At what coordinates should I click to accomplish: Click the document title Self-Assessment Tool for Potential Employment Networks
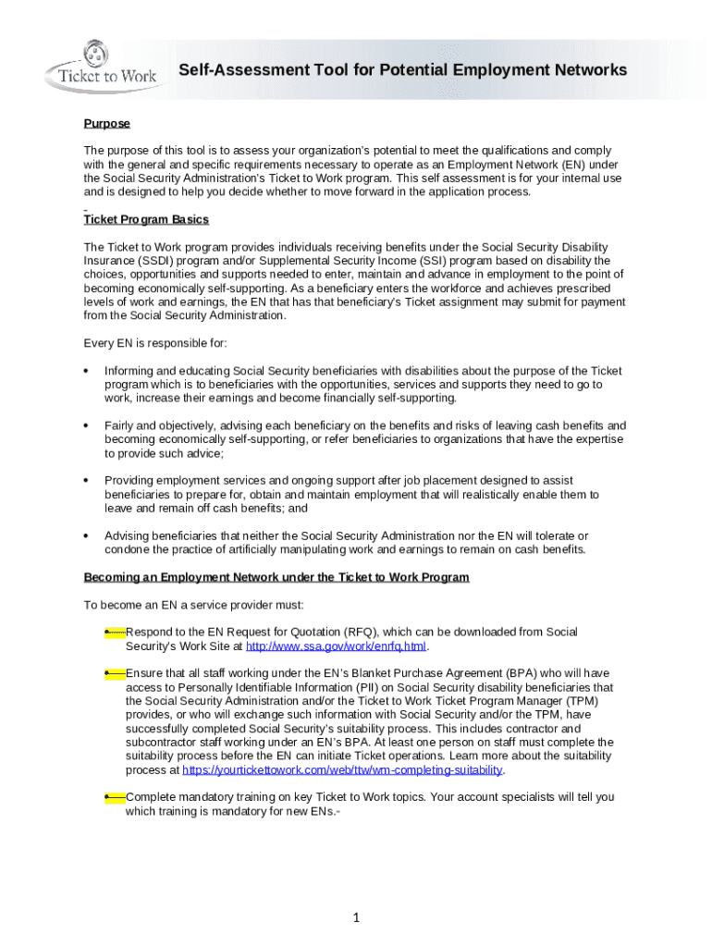[402, 70]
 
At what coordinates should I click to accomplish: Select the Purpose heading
[107, 123]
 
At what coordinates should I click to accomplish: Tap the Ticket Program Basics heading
[146, 219]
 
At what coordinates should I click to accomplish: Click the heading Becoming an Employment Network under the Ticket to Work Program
[276, 577]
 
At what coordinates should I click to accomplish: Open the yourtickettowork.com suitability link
[343, 769]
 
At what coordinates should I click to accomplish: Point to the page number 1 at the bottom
[355, 917]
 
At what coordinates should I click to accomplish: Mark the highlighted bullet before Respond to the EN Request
[115, 632]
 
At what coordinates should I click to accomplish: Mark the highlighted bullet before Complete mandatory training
[115, 797]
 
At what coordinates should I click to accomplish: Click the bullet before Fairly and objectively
[86, 426]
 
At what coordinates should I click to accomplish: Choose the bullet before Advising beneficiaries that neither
[86, 536]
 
